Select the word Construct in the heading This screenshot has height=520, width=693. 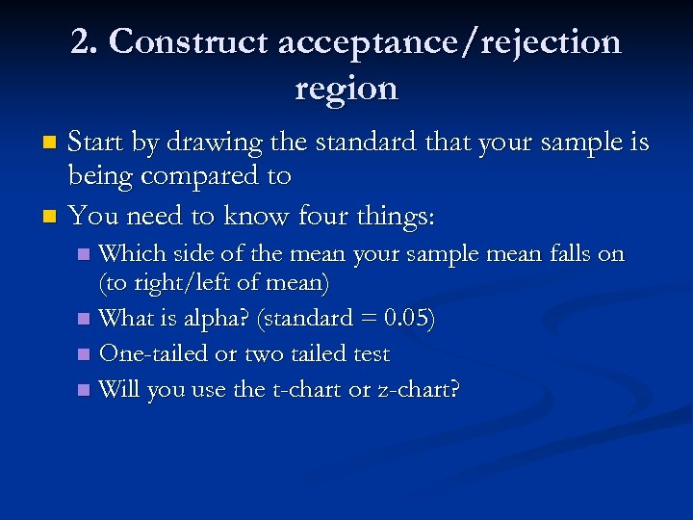[x=189, y=42]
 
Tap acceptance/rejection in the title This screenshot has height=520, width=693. [x=450, y=42]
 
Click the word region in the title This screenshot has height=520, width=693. [x=346, y=89]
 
